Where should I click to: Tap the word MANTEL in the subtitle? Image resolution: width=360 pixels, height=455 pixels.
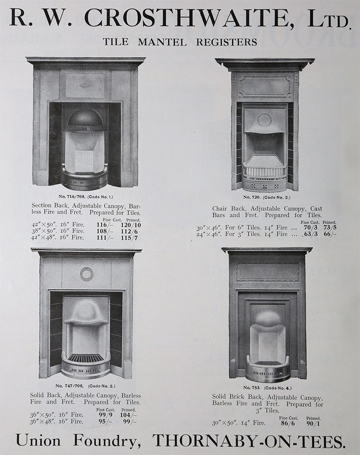pos(162,42)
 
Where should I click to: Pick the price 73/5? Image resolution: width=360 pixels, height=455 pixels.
pos(330,227)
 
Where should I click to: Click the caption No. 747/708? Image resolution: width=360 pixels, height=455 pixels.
pos(70,386)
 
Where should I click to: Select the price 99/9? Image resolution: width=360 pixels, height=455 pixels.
pos(105,415)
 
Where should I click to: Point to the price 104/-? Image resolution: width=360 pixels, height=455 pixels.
pos(128,415)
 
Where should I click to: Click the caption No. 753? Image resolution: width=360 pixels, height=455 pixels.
pos(251,388)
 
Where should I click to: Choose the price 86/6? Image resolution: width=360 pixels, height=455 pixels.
pos(288,423)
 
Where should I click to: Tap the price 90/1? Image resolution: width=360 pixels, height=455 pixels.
pos(314,423)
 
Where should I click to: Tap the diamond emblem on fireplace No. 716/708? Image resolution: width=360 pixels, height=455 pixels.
pos(85,85)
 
